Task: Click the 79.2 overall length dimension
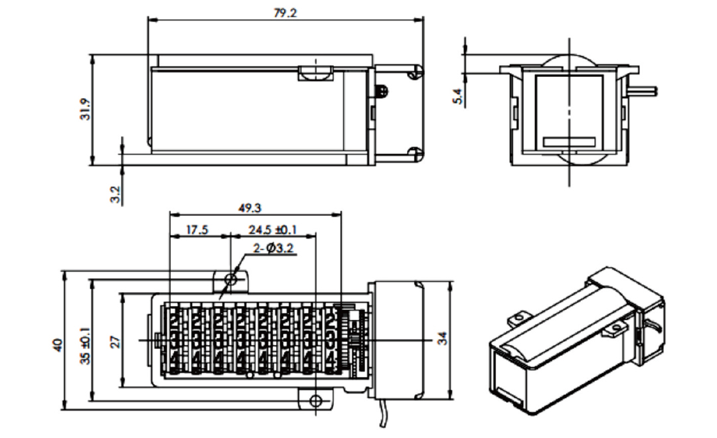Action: tap(285, 13)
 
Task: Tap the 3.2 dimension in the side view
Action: tap(115, 194)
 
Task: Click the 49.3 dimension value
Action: tap(249, 208)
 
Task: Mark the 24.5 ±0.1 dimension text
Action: tap(273, 230)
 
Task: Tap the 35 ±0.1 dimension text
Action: tap(84, 345)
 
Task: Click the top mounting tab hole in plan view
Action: tap(231, 279)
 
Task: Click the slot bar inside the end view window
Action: tap(569, 141)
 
